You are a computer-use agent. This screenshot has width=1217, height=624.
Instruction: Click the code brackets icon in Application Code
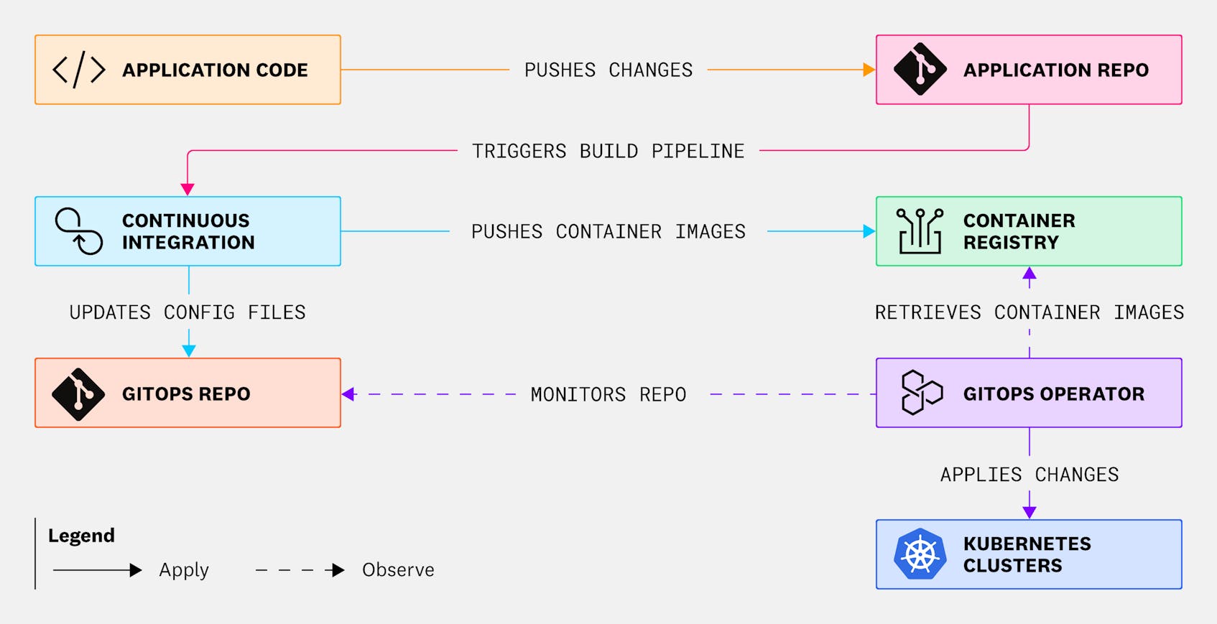coord(79,70)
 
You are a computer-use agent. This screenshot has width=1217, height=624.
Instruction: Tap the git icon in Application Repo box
coord(920,70)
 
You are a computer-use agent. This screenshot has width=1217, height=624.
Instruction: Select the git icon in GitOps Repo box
coord(78,394)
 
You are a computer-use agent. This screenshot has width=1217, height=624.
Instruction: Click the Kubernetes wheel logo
coord(920,554)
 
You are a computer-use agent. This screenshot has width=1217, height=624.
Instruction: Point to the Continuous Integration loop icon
coord(79,231)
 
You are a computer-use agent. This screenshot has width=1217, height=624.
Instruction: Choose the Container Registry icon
coord(920,231)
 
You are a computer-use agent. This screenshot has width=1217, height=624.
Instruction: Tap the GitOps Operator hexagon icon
coord(921,393)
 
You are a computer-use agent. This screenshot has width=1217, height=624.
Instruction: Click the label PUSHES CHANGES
coord(608,70)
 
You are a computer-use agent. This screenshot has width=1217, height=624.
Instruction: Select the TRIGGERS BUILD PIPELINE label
coord(608,152)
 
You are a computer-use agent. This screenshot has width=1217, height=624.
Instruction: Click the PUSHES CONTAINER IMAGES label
coord(608,232)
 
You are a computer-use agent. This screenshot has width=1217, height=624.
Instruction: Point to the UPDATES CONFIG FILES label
coord(188,312)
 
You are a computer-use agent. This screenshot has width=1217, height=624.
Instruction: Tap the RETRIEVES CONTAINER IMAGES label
coord(1029,312)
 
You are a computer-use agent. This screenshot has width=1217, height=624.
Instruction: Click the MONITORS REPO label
coord(608,394)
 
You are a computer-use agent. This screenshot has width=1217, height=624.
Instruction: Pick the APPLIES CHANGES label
coord(1029,475)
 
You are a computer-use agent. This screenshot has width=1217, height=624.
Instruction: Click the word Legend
coord(81,536)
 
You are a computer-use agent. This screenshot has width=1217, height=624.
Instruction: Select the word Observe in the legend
coord(398,570)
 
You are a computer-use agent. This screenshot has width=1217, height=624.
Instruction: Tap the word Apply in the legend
coord(184,570)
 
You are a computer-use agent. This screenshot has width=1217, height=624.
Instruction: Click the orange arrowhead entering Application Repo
coord(869,70)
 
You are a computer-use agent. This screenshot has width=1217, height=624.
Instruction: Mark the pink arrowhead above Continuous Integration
coord(188,190)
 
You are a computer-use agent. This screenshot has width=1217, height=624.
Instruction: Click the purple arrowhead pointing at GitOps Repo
coord(348,394)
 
